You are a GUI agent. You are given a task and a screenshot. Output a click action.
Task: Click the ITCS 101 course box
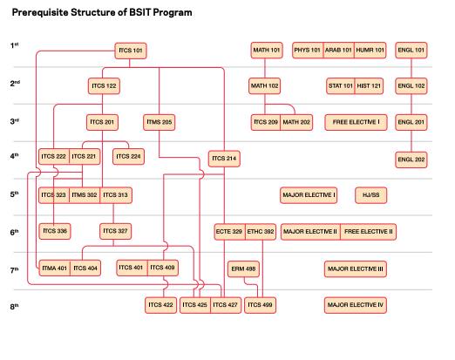pos(131,51)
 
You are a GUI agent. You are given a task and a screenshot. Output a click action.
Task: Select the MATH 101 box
pos(266,51)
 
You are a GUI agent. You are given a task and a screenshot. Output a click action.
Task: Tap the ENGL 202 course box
pos(411,159)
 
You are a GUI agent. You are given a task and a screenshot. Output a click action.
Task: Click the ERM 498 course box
pos(242,268)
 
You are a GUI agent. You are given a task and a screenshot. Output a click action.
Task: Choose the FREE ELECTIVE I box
pos(356,121)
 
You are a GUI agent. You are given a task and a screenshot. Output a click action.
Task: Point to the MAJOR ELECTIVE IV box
pos(356,305)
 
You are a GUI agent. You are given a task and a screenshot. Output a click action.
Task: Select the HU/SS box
pos(370,194)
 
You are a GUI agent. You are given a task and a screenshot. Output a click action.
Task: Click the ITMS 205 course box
pos(160,121)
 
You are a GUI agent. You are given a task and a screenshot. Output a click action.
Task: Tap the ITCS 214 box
pos(224,159)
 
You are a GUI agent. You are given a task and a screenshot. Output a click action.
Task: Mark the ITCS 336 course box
pos(54,231)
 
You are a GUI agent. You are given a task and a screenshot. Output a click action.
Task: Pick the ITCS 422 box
pos(160,305)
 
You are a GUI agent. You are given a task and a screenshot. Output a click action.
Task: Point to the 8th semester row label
pos(15,305)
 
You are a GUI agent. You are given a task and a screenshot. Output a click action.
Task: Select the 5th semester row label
pos(15,194)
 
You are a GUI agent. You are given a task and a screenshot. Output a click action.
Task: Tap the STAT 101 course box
pos(341,85)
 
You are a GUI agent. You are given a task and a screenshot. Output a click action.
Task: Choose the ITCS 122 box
pos(104,85)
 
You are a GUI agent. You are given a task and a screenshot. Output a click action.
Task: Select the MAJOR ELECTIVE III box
pos(356,268)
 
